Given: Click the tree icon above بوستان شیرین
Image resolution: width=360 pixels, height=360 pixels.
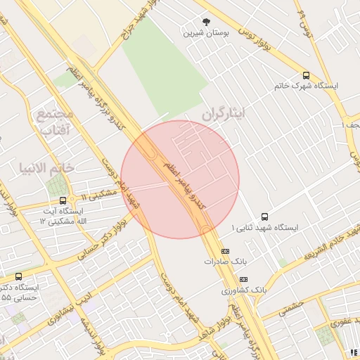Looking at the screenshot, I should pos(206,22).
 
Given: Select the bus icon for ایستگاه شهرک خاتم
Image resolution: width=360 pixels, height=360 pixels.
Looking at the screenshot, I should pos(306,75).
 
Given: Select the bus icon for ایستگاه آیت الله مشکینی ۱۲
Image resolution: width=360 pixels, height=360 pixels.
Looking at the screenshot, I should pos(63,200).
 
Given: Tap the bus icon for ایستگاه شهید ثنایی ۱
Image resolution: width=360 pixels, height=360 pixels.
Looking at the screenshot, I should pos(264,217).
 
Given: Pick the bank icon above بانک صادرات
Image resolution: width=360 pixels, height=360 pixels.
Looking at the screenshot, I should pos(225,251).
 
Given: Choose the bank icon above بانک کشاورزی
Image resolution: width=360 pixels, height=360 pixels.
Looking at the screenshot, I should pos(243,280).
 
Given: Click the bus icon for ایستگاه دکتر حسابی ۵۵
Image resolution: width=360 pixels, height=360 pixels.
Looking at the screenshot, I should pos(18,276).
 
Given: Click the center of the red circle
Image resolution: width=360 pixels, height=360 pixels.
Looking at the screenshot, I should pos(180,179).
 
